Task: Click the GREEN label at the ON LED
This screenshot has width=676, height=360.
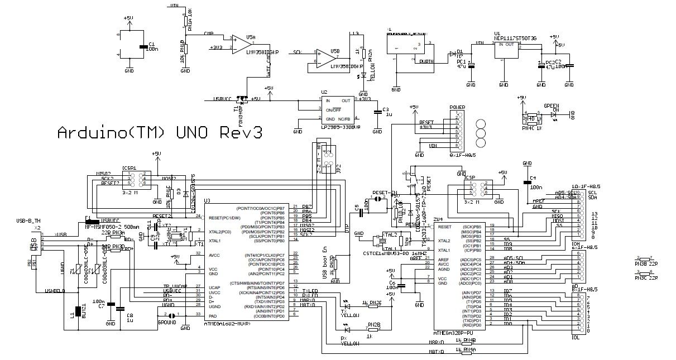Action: pyautogui.click(x=552, y=105)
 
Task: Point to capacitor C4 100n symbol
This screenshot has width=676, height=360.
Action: pyautogui.click(x=526, y=181)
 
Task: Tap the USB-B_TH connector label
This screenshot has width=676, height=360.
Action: pyautogui.click(x=30, y=221)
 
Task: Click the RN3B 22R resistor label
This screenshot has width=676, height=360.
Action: pyautogui.click(x=646, y=262)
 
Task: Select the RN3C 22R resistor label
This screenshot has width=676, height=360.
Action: pyautogui.click(x=646, y=277)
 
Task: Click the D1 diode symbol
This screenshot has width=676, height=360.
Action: pyautogui.click(x=452, y=54)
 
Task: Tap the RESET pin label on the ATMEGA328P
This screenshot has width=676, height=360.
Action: pyautogui.click(x=445, y=227)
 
